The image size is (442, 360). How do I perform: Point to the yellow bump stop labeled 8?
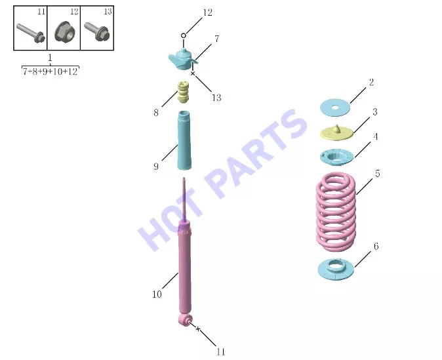[x=183, y=92]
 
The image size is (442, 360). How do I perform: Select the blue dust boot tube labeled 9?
[x=184, y=140]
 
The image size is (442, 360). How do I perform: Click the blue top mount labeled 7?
[x=182, y=59]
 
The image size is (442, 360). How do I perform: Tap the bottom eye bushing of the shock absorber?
[x=185, y=320]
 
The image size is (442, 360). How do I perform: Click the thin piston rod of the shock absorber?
[x=184, y=199]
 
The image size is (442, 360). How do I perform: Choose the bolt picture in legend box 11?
[x=31, y=33]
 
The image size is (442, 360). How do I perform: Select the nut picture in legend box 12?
[x=64, y=31]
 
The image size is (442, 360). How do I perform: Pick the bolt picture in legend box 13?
[x=96, y=31]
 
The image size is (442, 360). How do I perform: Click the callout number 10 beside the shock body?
[x=157, y=294]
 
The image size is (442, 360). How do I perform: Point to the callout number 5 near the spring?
[x=378, y=174]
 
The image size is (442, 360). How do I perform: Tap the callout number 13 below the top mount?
[x=216, y=98]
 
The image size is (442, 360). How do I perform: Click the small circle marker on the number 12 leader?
[x=184, y=35]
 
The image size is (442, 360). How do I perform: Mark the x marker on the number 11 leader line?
[x=198, y=329]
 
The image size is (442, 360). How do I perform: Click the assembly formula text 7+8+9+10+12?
[x=50, y=71]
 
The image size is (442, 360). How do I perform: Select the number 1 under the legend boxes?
[x=50, y=58]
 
